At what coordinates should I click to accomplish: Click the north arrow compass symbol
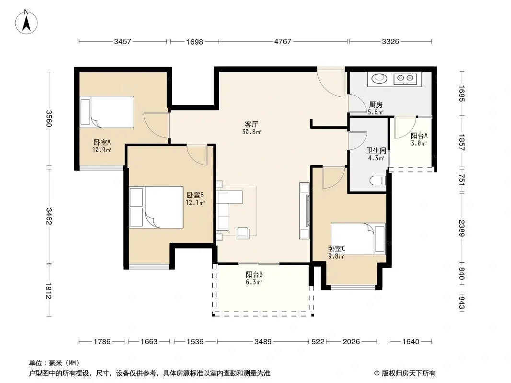26,22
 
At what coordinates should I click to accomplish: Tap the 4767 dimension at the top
282,41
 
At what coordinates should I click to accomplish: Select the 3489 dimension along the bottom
263,342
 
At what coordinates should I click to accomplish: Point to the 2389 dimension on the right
462,228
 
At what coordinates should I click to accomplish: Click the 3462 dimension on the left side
48,216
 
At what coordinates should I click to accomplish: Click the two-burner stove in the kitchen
405,79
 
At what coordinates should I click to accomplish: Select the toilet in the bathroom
378,180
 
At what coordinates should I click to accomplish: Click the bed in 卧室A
107,112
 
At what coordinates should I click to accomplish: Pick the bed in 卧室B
156,207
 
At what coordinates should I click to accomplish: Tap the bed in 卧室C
358,239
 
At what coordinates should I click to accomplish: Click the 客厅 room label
252,124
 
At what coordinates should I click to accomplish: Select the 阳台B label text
254,275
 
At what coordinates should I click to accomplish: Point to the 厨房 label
376,105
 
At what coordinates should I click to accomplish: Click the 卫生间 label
376,150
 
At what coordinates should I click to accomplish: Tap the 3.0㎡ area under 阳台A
419,144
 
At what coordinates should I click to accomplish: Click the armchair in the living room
243,233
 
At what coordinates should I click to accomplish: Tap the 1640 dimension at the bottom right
411,342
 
